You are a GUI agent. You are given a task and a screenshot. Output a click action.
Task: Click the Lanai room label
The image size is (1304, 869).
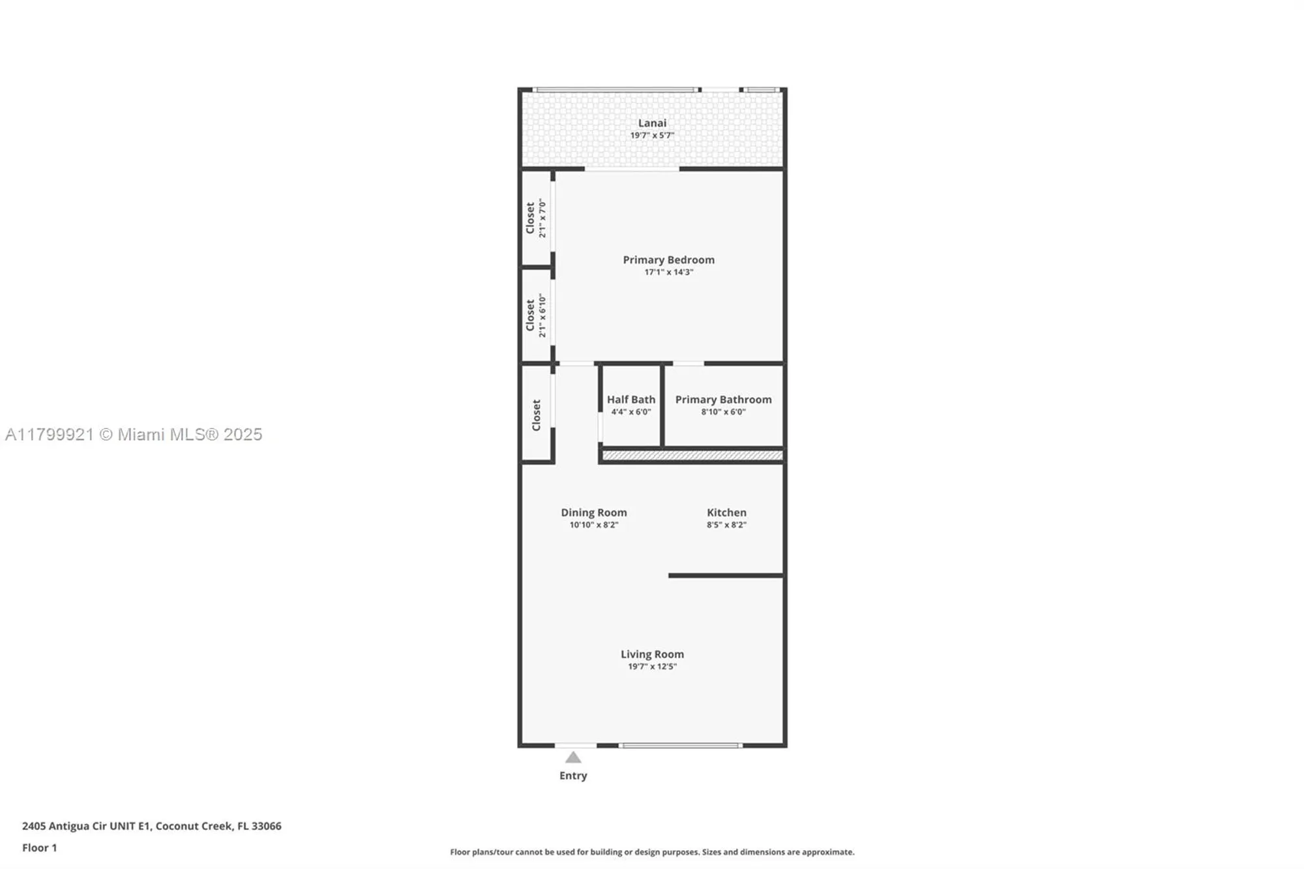point(652,123)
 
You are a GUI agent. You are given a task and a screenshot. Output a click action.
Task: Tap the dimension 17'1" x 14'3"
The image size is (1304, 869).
point(668,272)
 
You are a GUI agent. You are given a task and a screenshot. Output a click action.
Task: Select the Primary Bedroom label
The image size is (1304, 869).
point(668,259)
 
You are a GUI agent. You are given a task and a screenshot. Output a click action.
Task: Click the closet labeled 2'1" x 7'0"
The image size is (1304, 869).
point(535,218)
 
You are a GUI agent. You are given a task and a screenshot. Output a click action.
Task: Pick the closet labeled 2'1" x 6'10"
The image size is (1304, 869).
point(535,316)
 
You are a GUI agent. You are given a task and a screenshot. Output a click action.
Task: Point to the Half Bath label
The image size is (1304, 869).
point(630,400)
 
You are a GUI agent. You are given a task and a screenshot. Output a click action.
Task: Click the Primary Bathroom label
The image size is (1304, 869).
point(723,400)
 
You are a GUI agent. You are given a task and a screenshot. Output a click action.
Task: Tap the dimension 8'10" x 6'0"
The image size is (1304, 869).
point(723,412)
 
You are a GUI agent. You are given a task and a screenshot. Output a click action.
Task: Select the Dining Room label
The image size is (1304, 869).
point(593,512)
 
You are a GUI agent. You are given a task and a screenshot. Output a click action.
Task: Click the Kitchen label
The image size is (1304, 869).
point(726,512)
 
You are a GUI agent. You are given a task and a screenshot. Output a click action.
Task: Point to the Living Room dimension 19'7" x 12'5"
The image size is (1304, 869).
point(652,666)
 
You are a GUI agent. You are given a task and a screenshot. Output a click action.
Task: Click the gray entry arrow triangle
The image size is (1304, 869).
point(573,758)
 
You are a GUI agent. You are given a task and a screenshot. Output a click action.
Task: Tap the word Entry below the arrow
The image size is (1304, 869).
point(573,776)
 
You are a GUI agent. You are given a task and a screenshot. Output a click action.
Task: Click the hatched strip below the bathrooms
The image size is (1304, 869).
point(692,456)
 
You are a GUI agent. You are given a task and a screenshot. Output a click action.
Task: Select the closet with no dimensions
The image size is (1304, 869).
point(536,415)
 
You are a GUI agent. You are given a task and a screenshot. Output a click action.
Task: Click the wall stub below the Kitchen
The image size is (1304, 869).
point(725,576)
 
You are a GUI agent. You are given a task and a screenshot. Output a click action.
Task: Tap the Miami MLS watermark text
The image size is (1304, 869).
point(134,435)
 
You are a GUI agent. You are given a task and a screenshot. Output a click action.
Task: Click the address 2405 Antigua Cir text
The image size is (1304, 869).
point(151,826)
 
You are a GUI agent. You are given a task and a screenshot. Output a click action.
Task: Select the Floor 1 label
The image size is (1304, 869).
point(39,847)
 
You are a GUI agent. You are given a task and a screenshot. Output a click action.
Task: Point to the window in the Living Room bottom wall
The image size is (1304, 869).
point(680,745)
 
